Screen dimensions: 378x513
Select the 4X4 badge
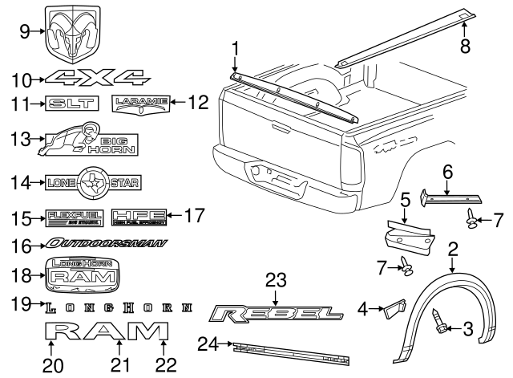tap(97, 77)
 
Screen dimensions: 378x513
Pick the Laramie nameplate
tap(141, 102)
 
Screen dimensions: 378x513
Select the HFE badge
tap(139, 216)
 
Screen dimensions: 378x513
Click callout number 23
tap(276, 280)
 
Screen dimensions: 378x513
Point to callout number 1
tap(236, 49)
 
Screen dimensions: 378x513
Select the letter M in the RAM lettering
tap(150, 331)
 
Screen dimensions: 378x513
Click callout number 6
tap(448, 173)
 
